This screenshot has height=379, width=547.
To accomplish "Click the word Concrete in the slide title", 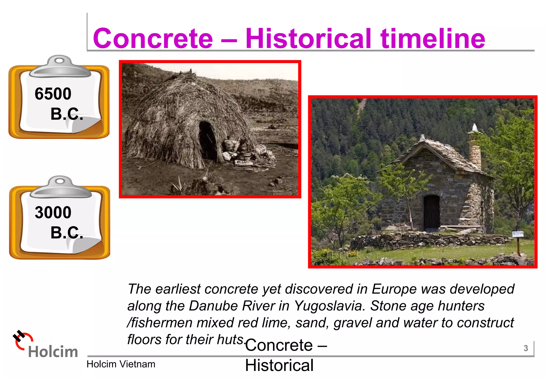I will click(x=153, y=39).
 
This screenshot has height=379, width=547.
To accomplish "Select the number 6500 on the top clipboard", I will click(x=53, y=94).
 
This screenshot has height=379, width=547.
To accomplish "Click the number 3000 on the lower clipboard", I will click(x=53, y=212).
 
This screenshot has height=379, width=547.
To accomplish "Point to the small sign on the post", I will click(x=518, y=234).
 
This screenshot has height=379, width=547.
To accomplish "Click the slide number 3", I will click(x=526, y=348).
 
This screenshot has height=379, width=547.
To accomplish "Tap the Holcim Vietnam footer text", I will click(x=121, y=364).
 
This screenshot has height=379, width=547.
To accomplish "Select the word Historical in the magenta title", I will click(x=308, y=39).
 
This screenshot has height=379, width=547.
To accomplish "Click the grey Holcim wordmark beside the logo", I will click(x=53, y=351).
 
